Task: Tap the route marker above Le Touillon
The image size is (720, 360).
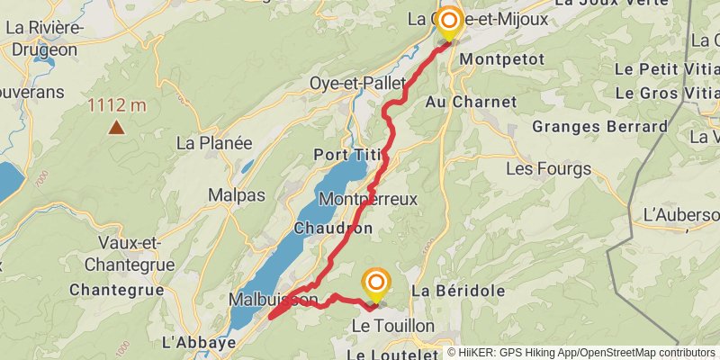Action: [x=375, y=284]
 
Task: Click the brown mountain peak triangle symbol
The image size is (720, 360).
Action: [x=116, y=127]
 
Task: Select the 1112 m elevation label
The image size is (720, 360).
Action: [x=116, y=105]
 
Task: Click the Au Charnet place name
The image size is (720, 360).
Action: [x=471, y=102]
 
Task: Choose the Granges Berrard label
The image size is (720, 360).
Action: [x=599, y=126]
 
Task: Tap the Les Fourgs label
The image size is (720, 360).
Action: [x=548, y=168]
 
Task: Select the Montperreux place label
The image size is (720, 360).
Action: [x=368, y=199]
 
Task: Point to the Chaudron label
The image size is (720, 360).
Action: [x=332, y=229]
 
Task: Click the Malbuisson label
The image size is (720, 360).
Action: [x=274, y=299]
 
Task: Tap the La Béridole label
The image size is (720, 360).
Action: [x=457, y=291]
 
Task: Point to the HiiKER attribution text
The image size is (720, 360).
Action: [x=581, y=353]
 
